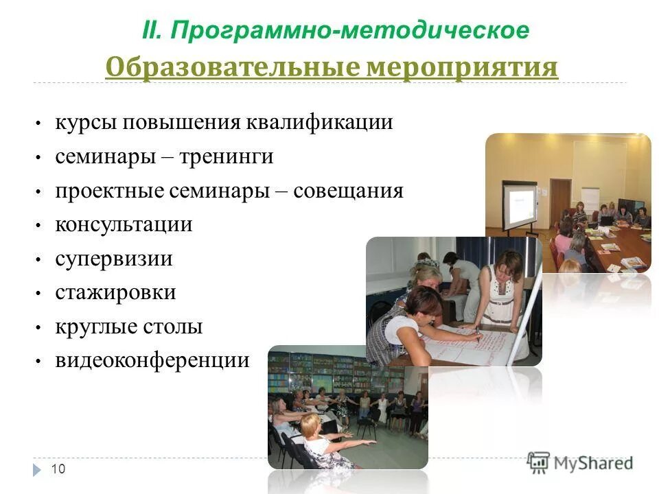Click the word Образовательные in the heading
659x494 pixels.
[231, 68]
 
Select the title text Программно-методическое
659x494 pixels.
[350, 31]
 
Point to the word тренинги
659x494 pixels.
[227, 157]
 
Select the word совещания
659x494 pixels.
[348, 191]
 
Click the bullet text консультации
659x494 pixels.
[124, 225]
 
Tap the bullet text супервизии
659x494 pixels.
[114, 259]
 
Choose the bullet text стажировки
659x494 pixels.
[115, 293]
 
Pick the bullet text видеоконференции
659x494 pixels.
[152, 360]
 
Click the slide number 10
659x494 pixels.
[58, 469]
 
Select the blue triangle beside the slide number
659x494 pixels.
[37, 469]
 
